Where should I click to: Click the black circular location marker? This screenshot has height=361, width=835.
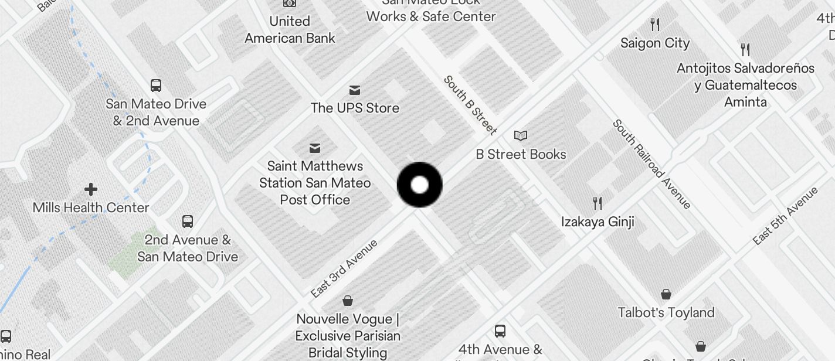(x=419, y=185)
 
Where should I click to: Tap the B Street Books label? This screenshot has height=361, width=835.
(x=521, y=154)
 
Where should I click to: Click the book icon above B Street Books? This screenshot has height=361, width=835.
(x=521, y=136)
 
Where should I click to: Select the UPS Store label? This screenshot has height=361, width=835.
(x=355, y=108)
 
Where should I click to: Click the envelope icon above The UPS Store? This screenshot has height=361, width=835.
(x=355, y=90)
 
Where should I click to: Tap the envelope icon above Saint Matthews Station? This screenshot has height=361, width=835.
(x=315, y=148)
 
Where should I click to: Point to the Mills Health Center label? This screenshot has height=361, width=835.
(x=91, y=207)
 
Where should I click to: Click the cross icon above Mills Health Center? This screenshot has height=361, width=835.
(x=91, y=189)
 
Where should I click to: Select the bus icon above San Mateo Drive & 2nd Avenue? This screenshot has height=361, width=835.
(x=156, y=86)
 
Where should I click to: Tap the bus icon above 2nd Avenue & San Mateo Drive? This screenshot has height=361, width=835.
(x=188, y=222)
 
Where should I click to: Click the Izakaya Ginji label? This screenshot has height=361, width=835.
(x=598, y=222)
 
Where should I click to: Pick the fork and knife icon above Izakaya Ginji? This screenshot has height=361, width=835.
(x=598, y=203)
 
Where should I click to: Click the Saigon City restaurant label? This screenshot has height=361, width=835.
(x=655, y=43)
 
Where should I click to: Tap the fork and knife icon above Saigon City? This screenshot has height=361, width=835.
(x=656, y=25)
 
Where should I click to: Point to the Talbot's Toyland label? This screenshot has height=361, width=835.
(x=666, y=312)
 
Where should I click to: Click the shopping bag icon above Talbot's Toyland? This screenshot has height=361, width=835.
(x=666, y=294)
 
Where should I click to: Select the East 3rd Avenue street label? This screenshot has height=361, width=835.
(x=344, y=268)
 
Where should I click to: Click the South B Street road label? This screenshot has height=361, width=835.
(x=470, y=105)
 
